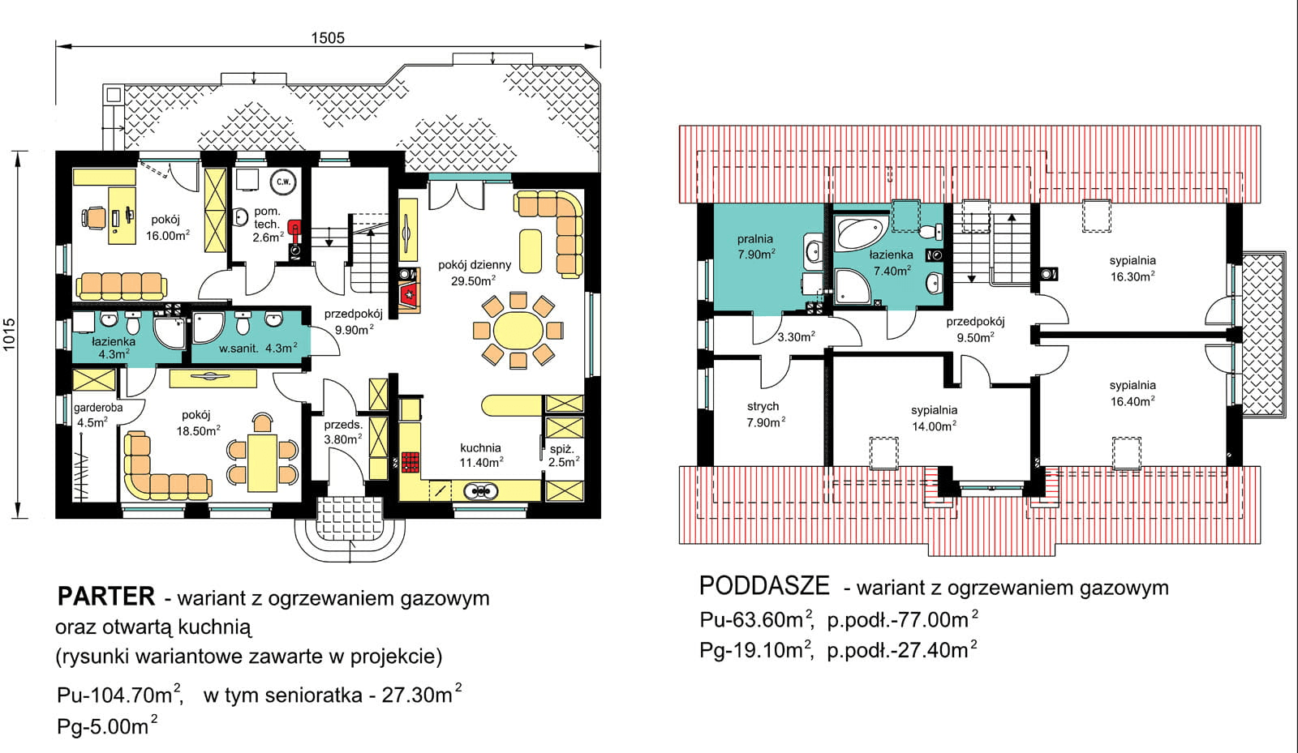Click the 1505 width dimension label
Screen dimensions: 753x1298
click(328, 38)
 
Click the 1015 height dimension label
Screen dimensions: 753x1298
click(10, 334)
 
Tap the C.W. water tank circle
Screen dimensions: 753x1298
click(283, 182)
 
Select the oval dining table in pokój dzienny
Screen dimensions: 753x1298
click(518, 330)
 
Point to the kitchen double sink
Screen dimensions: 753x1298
click(479, 490)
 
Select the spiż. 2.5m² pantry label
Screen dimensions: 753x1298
click(563, 455)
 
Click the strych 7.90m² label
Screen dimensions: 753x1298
click(763, 414)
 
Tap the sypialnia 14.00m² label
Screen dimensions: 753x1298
click(934, 418)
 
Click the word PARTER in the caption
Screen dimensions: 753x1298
click(105, 597)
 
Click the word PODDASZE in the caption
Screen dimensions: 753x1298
click(764, 585)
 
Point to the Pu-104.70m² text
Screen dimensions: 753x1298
click(119, 695)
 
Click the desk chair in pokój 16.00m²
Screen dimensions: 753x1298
click(93, 217)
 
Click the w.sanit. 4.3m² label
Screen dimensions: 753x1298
click(258, 349)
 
